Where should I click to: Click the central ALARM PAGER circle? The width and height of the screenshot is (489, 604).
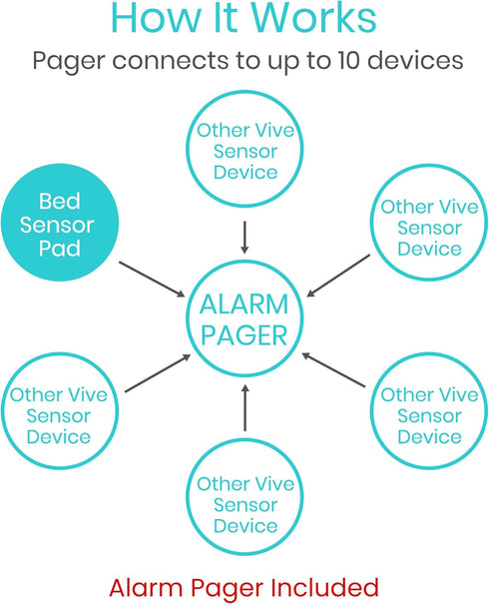(244, 318)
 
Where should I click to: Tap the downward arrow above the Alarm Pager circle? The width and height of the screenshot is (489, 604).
(244, 235)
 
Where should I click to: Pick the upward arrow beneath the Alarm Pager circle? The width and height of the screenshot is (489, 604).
(244, 409)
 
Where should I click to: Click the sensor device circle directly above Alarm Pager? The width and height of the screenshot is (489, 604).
(245, 151)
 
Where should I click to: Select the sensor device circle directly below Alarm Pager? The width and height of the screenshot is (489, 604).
(245, 504)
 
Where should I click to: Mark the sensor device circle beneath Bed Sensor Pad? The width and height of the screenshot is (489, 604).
(59, 415)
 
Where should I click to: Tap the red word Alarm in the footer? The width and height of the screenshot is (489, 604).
(143, 586)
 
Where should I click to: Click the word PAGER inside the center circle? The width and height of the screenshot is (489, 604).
(244, 334)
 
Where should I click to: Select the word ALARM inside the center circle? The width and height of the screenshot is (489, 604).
(244, 303)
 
